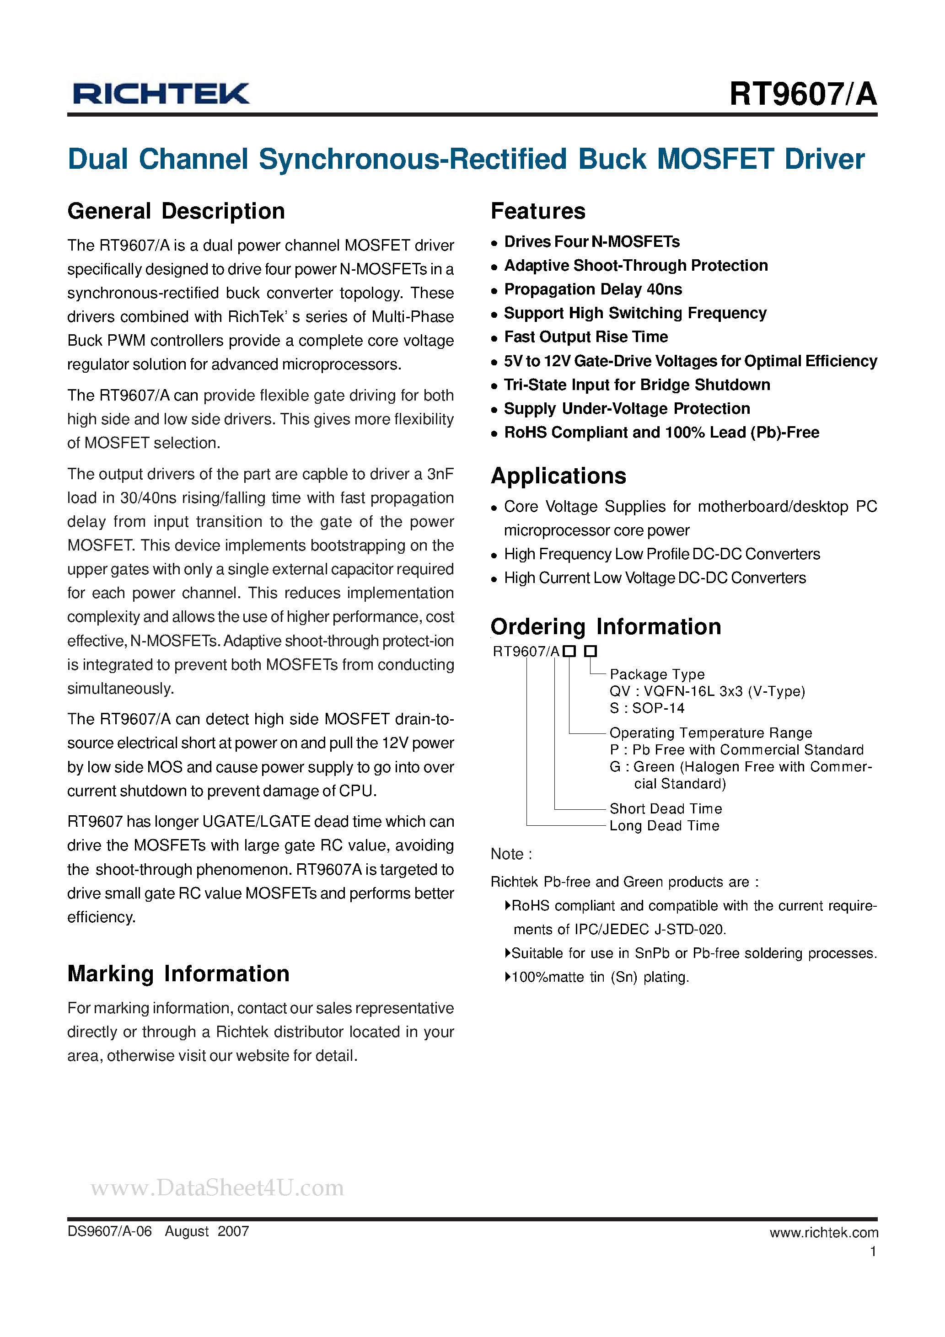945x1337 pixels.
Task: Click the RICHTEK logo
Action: [161, 94]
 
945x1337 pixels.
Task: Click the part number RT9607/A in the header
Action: [802, 94]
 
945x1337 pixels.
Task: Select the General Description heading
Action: [176, 211]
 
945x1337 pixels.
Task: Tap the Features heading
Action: [538, 211]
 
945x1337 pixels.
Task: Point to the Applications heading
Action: [558, 476]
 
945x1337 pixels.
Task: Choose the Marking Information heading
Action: [178, 973]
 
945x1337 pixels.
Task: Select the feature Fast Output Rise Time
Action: [585, 337]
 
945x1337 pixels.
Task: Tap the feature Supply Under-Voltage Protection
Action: [627, 409]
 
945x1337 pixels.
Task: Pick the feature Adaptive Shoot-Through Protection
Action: [636, 266]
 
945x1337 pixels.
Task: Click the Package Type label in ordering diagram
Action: [657, 674]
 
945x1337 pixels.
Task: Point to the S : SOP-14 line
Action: [647, 708]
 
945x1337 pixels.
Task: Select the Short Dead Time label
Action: [666, 809]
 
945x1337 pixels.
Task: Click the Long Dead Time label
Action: [664, 826]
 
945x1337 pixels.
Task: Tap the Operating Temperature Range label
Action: [710, 733]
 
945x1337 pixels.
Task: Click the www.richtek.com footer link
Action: [823, 1232]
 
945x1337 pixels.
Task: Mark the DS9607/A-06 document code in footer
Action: [109, 1231]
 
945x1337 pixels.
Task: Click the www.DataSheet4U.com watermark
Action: [217, 1187]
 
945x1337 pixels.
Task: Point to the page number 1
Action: [873, 1251]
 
